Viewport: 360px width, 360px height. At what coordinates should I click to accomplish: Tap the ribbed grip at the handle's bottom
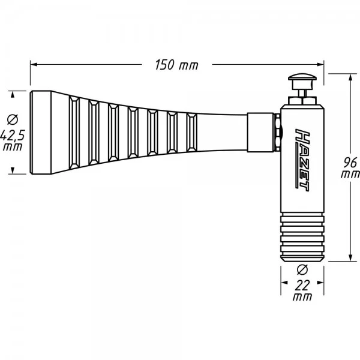tap(303, 238)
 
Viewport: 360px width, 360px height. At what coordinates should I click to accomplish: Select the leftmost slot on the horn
tap(76, 133)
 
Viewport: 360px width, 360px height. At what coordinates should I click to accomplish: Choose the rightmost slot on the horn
tap(191, 133)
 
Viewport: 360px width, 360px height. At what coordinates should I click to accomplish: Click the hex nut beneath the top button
tap(303, 98)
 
